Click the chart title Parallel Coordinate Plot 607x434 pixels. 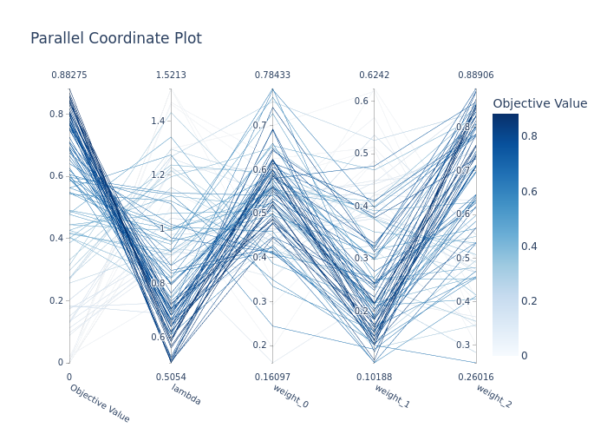pos(116,38)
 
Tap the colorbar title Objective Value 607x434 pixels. pos(539,103)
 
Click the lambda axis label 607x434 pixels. pos(186,395)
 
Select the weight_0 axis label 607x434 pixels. pos(290,395)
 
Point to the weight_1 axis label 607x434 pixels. pos(392,395)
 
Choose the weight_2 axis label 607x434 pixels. pos(493,395)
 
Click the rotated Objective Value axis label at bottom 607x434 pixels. pos(99,403)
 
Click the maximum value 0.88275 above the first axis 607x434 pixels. pos(69,76)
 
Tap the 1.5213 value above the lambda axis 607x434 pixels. pos(171,76)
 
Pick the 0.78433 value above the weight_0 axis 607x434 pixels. pos(272,76)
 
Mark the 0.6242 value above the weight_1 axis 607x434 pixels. pos(375,76)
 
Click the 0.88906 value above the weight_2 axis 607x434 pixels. pos(476,76)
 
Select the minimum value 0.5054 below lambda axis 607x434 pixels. pos(171,377)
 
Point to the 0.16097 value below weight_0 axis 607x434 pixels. pos(272,377)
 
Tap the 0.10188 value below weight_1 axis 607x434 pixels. pos(375,377)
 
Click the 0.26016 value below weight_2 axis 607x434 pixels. pos(476,377)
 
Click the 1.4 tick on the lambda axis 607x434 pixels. pos(157,121)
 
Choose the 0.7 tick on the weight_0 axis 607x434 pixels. pos(260,126)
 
